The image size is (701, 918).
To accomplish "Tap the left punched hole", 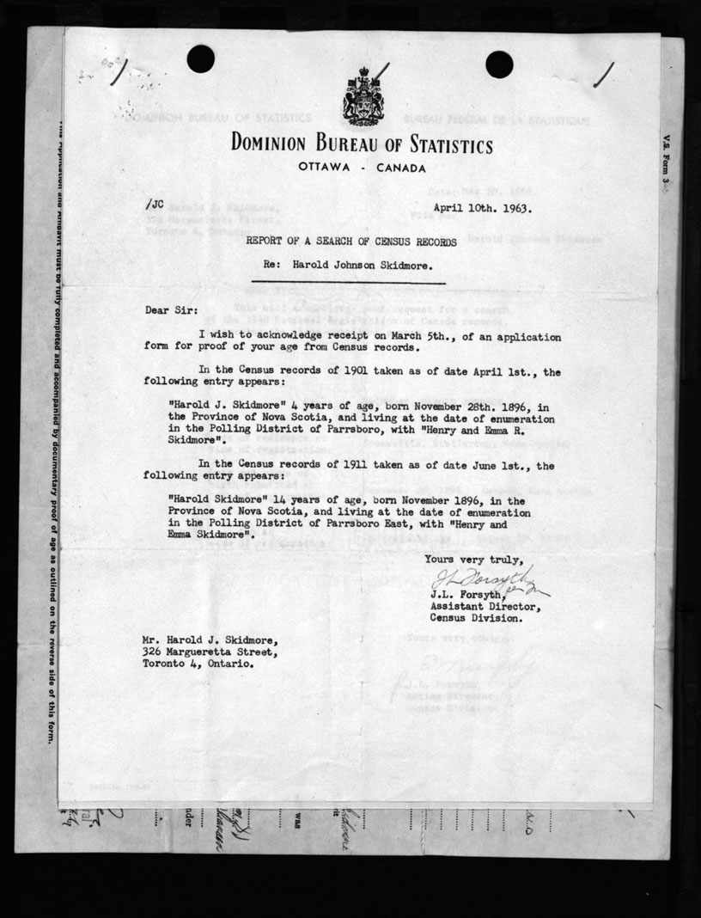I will click(x=200, y=58).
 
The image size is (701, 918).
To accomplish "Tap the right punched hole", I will click(x=499, y=64).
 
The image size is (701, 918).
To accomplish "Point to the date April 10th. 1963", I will click(x=482, y=207).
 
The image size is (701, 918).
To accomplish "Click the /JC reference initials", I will click(x=155, y=204).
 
